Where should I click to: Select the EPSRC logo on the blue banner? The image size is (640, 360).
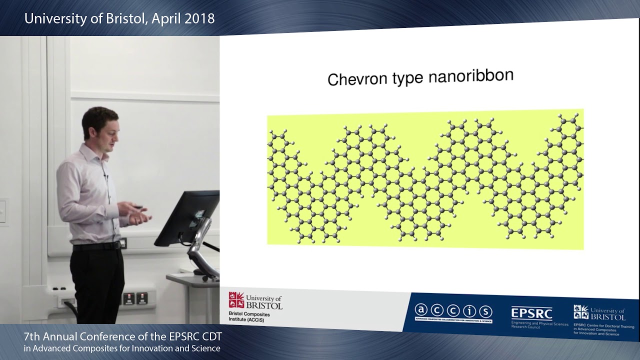[531, 313]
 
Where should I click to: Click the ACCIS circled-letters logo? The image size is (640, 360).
[453, 311]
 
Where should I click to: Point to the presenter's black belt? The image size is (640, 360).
[97, 246]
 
